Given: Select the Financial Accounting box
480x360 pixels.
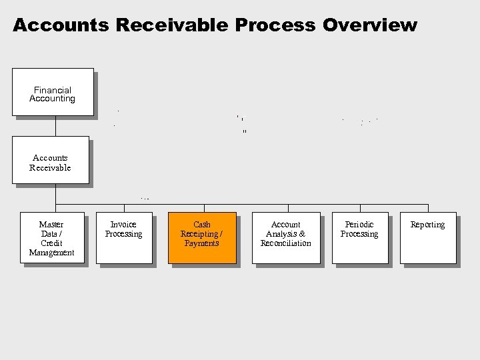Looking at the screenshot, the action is click(x=53, y=92).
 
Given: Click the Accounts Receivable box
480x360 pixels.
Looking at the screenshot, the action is click(x=50, y=160).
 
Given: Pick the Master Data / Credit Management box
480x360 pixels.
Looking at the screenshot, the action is click(x=52, y=238).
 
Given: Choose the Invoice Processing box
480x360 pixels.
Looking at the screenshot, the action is click(x=124, y=238).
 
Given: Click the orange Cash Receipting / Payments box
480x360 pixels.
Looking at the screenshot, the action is click(x=202, y=238).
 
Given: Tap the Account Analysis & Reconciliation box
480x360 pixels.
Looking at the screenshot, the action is click(x=286, y=238).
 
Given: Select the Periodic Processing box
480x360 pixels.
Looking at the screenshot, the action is click(x=359, y=238).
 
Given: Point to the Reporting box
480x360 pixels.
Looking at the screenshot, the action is click(x=428, y=238).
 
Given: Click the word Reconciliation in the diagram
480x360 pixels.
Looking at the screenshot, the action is click(x=286, y=243).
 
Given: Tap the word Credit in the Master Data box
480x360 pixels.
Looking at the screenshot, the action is click(x=51, y=243).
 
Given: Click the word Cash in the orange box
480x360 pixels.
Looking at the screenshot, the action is click(x=202, y=225).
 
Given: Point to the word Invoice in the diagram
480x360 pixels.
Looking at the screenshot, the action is click(x=123, y=225).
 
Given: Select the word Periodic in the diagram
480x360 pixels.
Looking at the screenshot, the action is click(x=359, y=225).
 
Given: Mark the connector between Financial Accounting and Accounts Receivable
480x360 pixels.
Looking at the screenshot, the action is click(x=55, y=126).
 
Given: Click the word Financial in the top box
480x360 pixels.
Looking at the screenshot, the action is click(x=53, y=90).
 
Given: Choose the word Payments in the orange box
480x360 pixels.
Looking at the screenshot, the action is click(x=202, y=243).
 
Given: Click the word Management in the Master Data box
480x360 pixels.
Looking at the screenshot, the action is click(x=51, y=253).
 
